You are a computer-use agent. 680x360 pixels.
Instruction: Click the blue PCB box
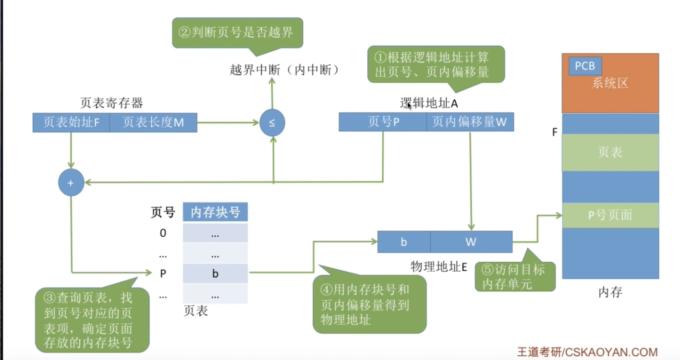click(x=585, y=66)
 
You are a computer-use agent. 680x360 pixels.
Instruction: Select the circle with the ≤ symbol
click(x=272, y=122)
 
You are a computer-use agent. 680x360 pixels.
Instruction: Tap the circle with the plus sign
click(x=71, y=183)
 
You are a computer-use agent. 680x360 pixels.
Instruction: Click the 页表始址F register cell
click(x=71, y=122)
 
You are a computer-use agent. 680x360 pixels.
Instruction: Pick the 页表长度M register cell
click(x=153, y=122)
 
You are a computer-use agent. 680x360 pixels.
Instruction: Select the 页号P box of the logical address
click(x=382, y=122)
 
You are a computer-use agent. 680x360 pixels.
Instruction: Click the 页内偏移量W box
click(x=470, y=122)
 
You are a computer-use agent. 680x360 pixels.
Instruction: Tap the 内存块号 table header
click(x=215, y=212)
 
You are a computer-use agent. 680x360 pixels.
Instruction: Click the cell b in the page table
click(x=215, y=274)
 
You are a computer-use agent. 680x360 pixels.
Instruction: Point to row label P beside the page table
click(x=163, y=274)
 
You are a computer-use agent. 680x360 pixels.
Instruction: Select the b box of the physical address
click(x=404, y=242)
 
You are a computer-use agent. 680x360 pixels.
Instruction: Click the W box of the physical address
click(x=471, y=242)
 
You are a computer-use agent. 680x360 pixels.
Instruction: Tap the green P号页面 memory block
click(x=610, y=215)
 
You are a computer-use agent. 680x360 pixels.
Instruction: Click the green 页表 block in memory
click(x=610, y=152)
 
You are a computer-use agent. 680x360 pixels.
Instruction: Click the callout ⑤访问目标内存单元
click(x=515, y=275)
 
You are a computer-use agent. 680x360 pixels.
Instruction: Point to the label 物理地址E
click(x=438, y=267)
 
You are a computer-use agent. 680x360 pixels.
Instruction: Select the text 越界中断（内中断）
click(x=284, y=70)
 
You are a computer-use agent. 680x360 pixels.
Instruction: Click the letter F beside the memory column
click(x=555, y=132)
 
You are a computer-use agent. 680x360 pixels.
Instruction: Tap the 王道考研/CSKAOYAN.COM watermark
click(x=587, y=352)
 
